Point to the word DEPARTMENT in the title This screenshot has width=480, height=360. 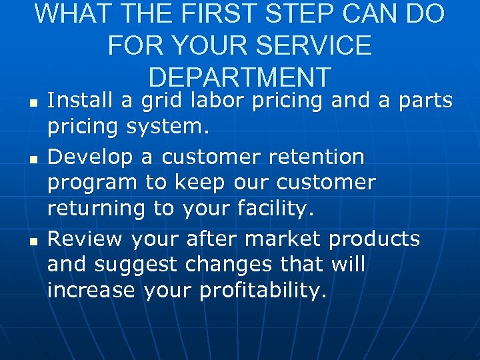coord(239,77)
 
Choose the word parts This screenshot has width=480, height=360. coord(422,102)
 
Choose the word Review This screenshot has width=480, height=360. coord(85,238)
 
